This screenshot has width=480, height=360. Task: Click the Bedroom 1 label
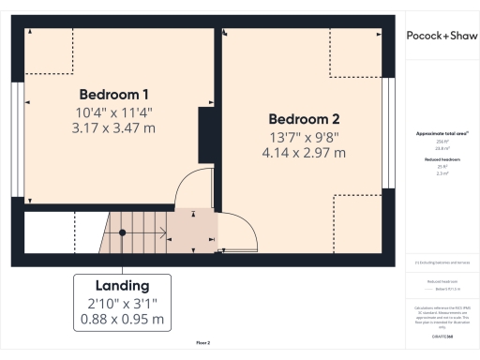click(x=113, y=95)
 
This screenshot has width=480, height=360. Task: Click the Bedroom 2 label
click(x=304, y=119)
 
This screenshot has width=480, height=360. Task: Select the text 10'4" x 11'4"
click(x=113, y=112)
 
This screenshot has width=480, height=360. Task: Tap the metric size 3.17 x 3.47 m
click(x=113, y=127)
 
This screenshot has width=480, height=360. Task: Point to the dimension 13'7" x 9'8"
click(x=304, y=137)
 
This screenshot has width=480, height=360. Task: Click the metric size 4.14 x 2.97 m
click(x=304, y=152)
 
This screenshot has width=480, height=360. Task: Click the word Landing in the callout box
click(x=122, y=285)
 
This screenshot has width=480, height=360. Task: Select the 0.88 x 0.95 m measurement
click(x=122, y=319)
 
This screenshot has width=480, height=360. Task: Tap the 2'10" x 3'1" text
click(x=122, y=302)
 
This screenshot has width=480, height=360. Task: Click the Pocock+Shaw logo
click(x=441, y=35)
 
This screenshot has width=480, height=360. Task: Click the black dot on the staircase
click(x=122, y=232)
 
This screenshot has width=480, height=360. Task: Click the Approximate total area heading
click(x=442, y=134)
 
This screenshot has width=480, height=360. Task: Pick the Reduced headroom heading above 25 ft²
click(x=442, y=160)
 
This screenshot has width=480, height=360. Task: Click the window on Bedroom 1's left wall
click(x=18, y=113)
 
